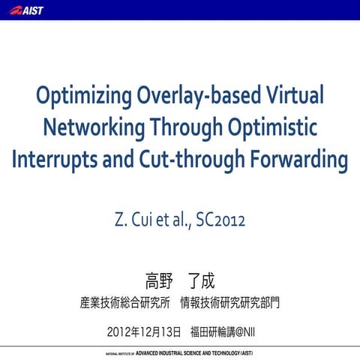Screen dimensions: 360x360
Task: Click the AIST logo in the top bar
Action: [27, 10]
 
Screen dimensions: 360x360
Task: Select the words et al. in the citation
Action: [171, 221]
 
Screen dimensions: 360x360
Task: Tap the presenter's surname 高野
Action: [159, 281]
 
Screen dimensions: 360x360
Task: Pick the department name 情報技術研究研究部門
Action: [234, 304]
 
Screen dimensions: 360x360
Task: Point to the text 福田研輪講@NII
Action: [222, 331]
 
